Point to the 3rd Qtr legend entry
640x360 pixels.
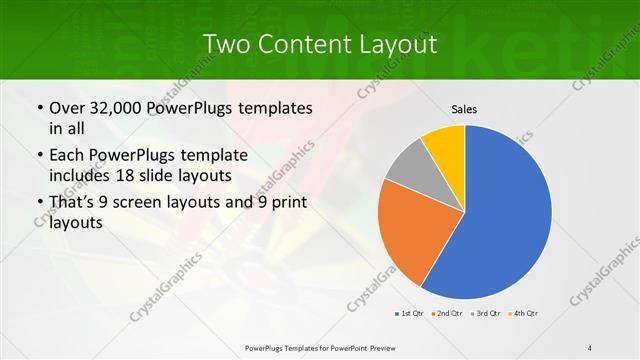[x=486, y=314]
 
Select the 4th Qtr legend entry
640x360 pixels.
[x=525, y=314]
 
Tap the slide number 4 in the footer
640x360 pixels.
[x=590, y=347]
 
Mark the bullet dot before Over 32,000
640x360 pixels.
[x=38, y=108]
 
